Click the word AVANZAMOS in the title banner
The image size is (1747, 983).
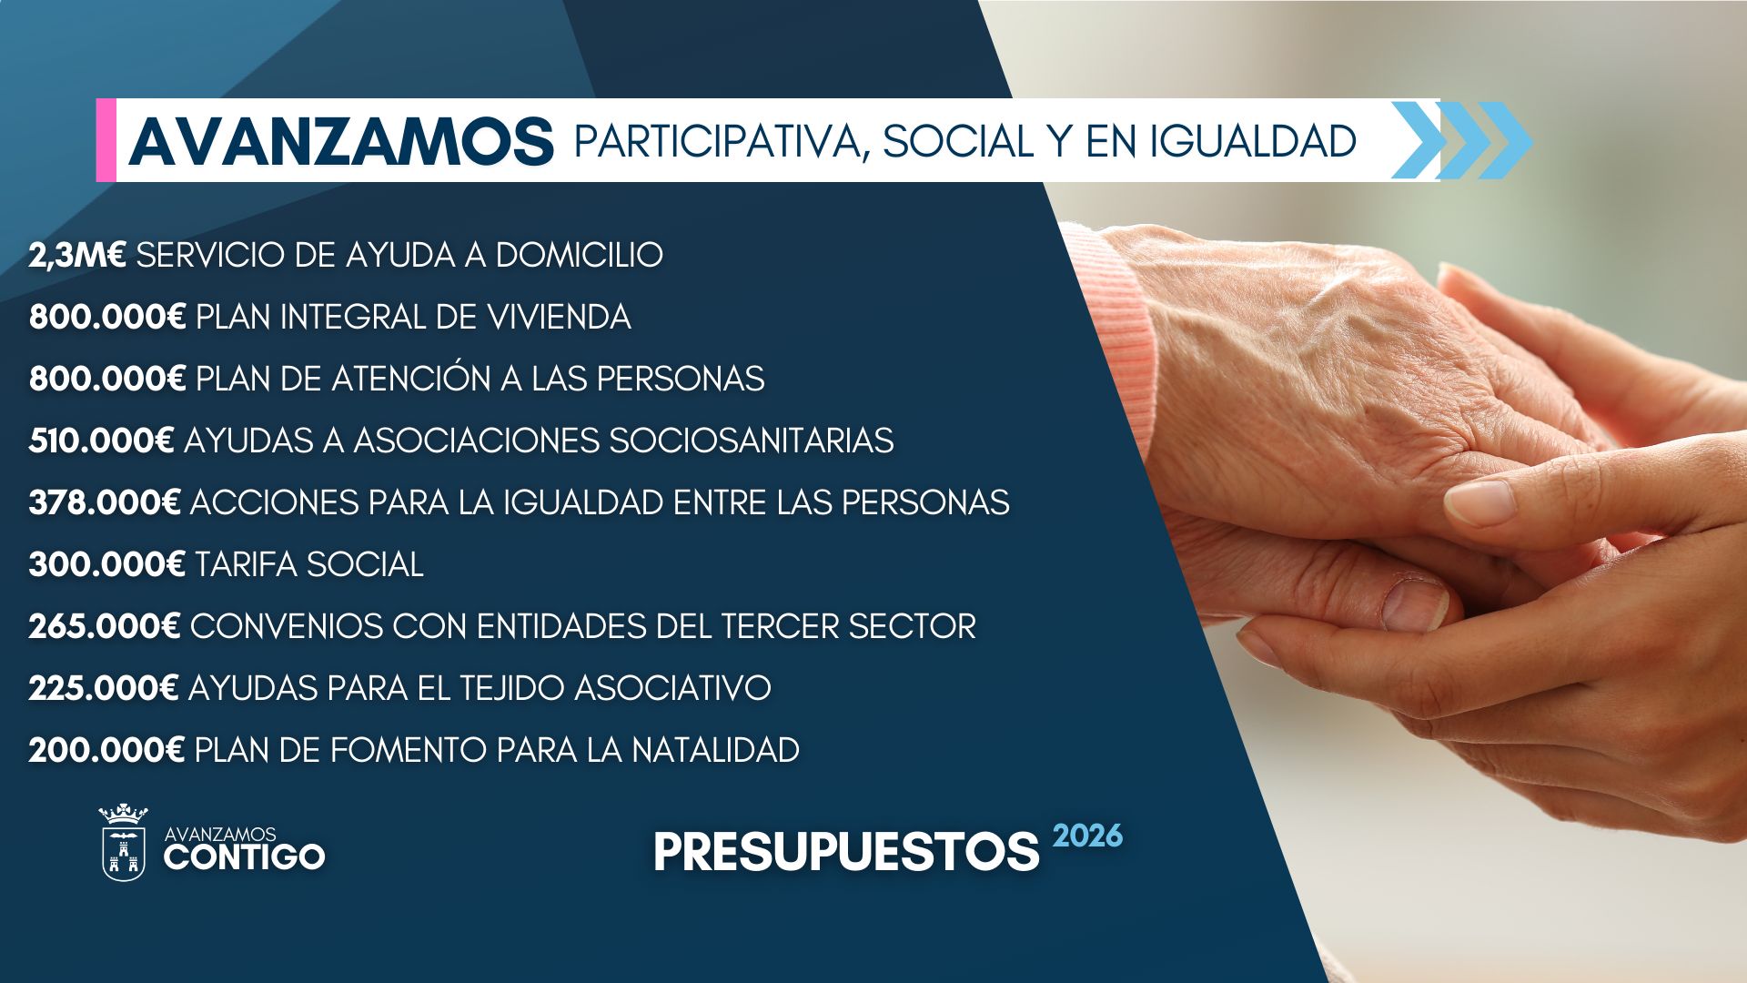pos(341,142)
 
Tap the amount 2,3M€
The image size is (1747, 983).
pos(77,256)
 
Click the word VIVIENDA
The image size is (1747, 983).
pos(559,318)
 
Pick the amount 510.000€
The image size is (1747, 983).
pos(101,441)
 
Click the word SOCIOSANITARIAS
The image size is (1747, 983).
pos(751,441)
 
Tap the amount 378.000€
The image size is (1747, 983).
pos(105,503)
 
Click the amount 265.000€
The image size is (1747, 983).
pos(105,627)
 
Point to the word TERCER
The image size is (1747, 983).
pos(780,627)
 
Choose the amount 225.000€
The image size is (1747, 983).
pos(104,689)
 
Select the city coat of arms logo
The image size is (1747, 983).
pos(123,843)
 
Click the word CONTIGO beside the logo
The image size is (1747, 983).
pos(244,856)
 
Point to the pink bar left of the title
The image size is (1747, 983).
pos(106,140)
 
